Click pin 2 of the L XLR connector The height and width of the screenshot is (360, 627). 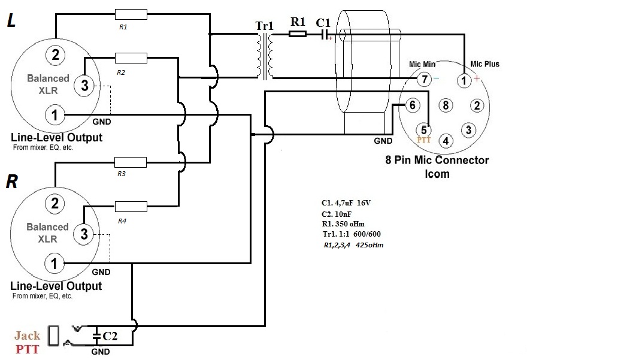[x=55, y=56]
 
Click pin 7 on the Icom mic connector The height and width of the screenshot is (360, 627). [x=423, y=79]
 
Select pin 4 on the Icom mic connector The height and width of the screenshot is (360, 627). [x=445, y=141]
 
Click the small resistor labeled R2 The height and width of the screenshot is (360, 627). [x=130, y=58]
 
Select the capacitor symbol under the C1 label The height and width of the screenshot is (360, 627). [x=326, y=35]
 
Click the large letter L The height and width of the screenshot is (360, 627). [x=12, y=22]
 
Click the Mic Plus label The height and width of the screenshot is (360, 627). [x=484, y=64]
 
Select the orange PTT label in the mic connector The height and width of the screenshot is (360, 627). [x=425, y=139]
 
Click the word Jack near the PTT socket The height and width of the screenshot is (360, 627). [x=27, y=335]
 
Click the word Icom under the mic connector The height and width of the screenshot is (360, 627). [x=437, y=174]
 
